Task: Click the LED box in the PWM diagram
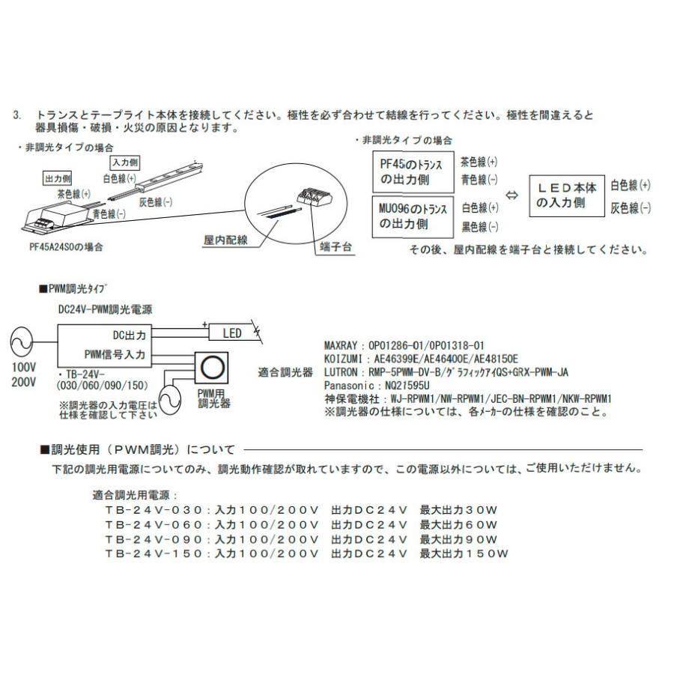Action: pos(232,333)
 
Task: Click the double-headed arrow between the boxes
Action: pos(512,196)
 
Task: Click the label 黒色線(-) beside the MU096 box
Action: pos(479,225)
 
